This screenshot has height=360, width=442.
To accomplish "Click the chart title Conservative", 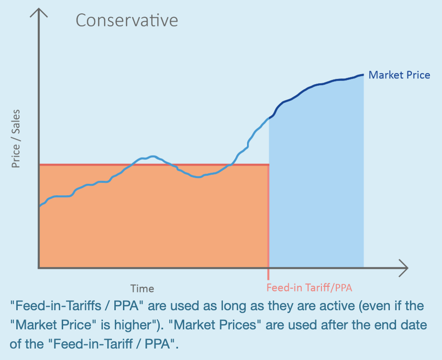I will click(x=127, y=21).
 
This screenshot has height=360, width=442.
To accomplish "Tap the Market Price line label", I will click(x=399, y=75).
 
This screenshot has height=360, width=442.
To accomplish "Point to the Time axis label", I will click(x=143, y=289).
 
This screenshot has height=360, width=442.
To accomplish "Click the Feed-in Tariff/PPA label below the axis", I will click(x=309, y=288).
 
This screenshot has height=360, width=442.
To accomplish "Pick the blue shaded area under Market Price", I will click(x=316, y=191).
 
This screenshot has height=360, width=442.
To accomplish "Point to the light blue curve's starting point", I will click(x=40, y=206).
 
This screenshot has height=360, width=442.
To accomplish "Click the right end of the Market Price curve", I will click(x=363, y=75).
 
